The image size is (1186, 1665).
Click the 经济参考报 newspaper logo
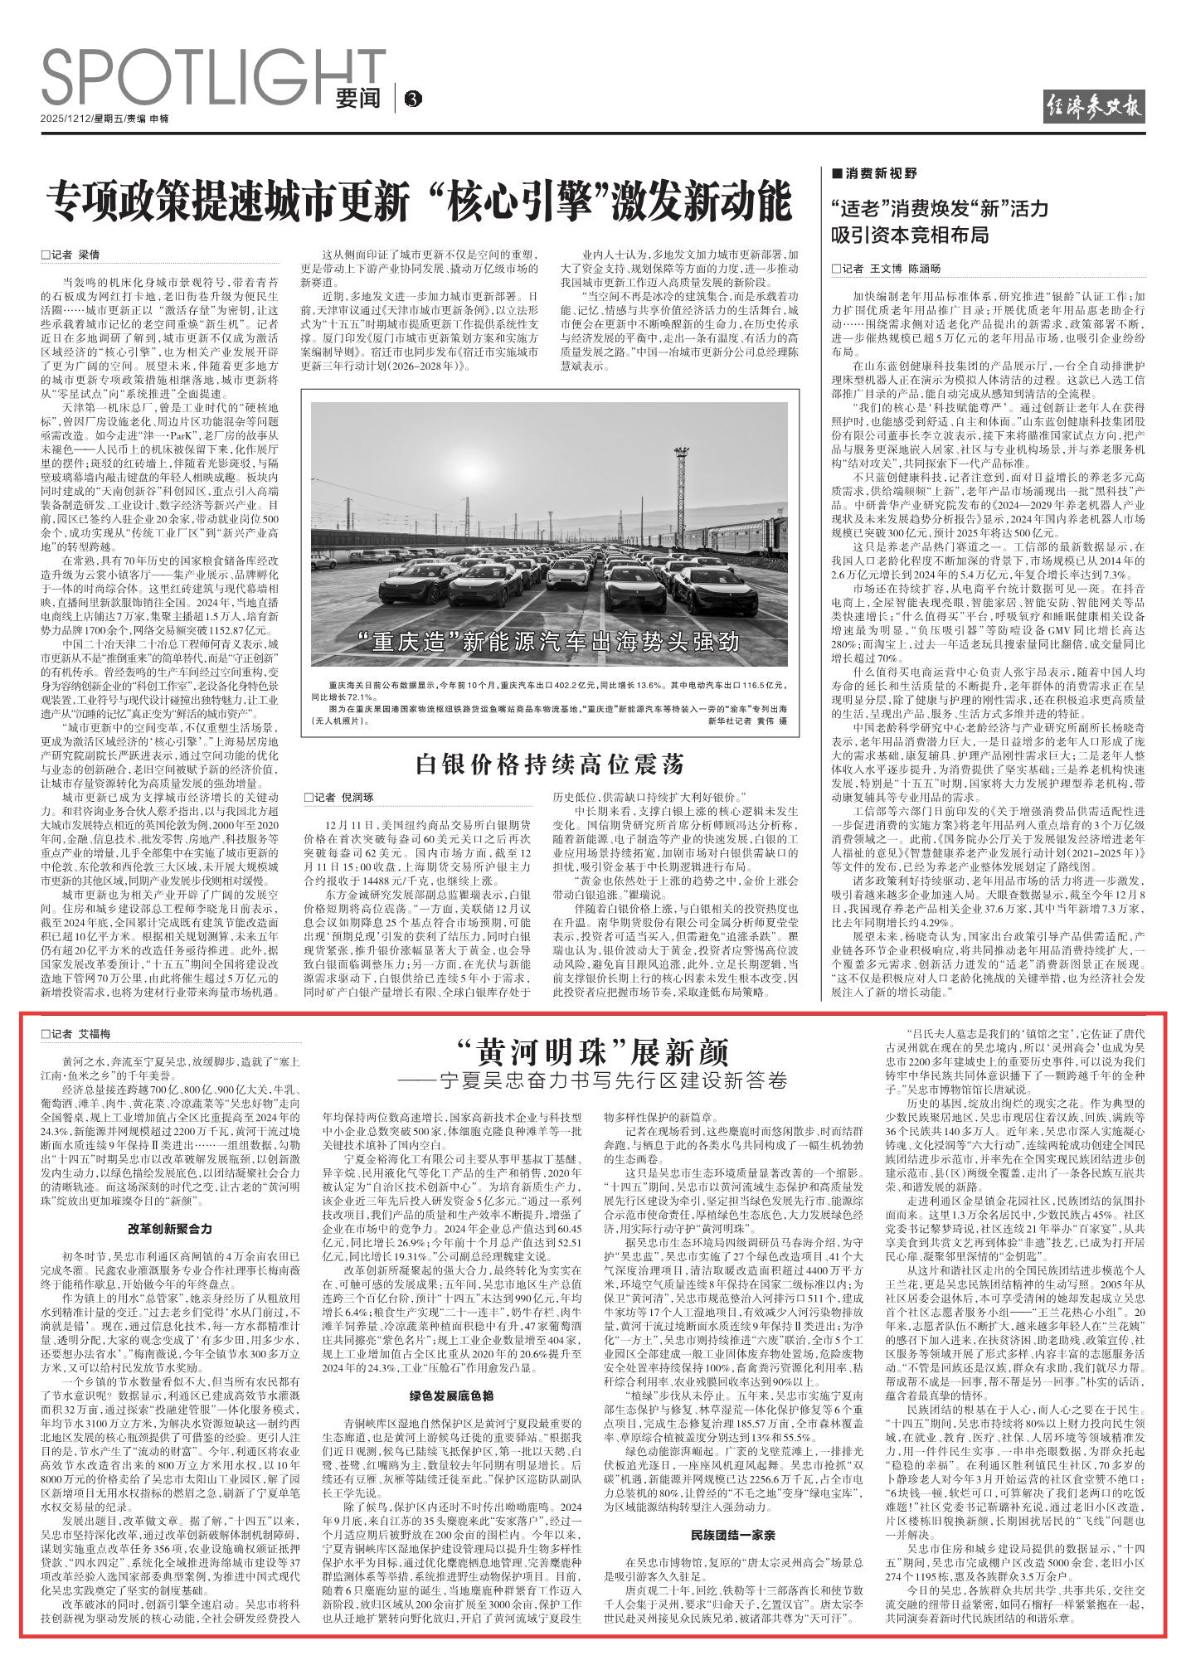coord(1093,109)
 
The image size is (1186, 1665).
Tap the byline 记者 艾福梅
coord(76,1034)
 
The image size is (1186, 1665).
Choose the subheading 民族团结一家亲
coord(732,1511)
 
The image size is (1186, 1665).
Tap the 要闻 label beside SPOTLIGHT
coord(358,98)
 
